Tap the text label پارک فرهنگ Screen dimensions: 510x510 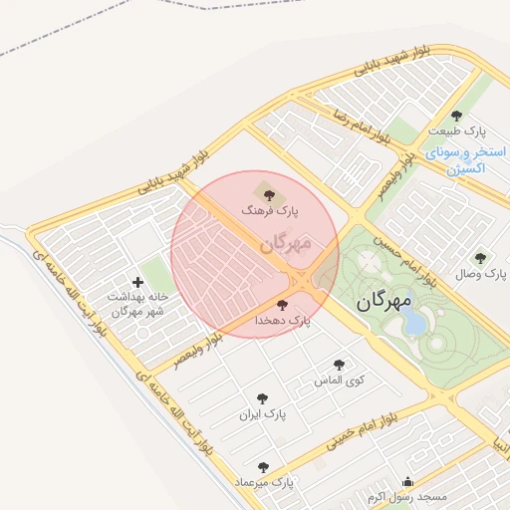click(267, 211)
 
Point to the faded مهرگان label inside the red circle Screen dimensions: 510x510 click(286, 242)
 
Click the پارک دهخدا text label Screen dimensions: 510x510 click(282, 321)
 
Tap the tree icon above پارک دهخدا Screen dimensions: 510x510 click(282, 304)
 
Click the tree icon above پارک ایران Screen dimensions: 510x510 click(263, 397)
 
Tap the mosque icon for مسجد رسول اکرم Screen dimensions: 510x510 click(407, 480)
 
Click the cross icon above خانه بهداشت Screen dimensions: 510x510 click(137, 282)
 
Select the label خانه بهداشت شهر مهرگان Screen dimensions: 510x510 click(135, 305)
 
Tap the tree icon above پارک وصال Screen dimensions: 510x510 click(481, 257)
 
